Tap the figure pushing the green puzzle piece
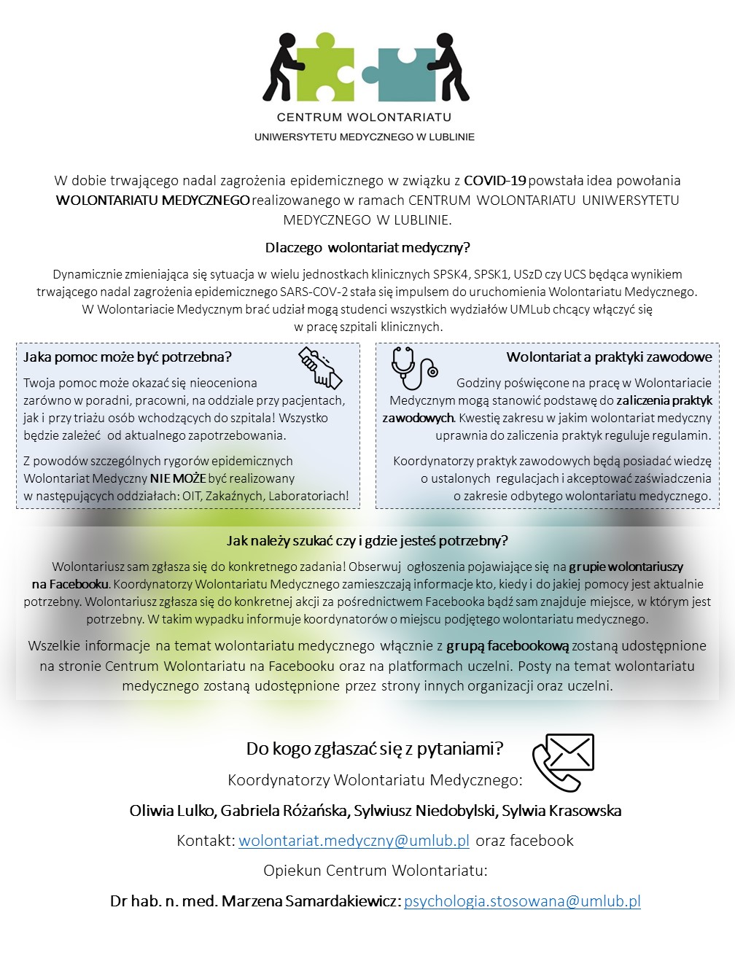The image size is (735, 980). pos(281,67)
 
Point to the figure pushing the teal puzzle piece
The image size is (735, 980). pos(451,67)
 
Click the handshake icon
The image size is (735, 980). pos(320,367)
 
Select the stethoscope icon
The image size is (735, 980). pos(413,367)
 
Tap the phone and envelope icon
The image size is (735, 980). pos(563,762)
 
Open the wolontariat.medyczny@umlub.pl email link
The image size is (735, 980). pos(354,841)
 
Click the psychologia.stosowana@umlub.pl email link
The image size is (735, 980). pos(522,901)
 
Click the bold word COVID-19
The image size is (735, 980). pos(495,180)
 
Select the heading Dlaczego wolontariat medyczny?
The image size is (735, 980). pos(367,248)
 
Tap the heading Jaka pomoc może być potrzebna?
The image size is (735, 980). pos(128,357)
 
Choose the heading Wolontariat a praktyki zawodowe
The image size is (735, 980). pos(609,357)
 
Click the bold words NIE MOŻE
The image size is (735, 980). pos(178,478)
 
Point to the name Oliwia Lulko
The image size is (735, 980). pos(172,811)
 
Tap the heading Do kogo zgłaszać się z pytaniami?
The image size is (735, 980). pos(375,749)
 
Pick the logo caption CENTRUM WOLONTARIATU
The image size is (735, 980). pos(364,117)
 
